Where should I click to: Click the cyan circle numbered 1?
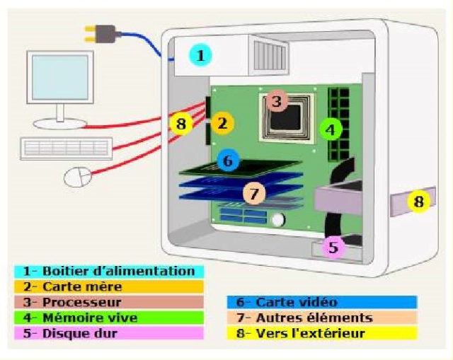click(x=202, y=54)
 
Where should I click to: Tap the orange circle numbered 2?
click(x=222, y=124)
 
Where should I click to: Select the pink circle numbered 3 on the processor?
click(x=277, y=103)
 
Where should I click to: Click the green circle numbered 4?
click(x=330, y=129)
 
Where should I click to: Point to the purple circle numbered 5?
click(x=334, y=248)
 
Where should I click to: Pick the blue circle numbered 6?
click(x=227, y=161)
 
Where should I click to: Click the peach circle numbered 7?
click(x=254, y=192)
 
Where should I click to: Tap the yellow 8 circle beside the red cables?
click(x=181, y=124)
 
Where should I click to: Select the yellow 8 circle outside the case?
click(x=419, y=202)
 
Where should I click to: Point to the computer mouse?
click(x=77, y=176)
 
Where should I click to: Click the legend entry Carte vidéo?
click(x=322, y=303)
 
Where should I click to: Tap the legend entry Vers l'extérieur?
click(x=322, y=333)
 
